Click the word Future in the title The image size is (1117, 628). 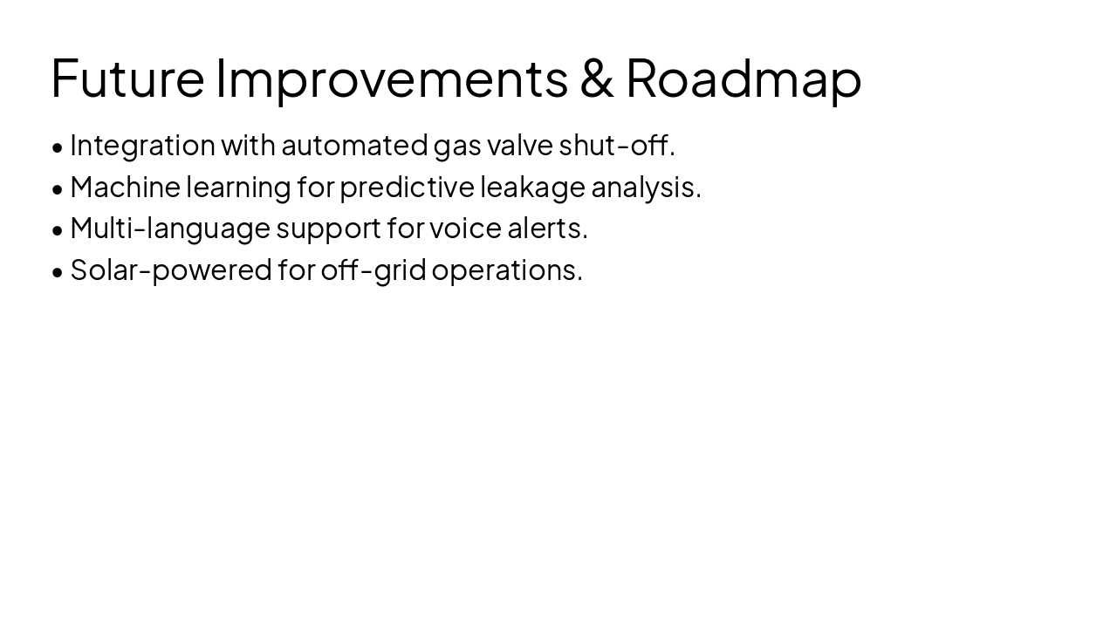point(127,78)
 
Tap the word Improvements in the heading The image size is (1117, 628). point(392,78)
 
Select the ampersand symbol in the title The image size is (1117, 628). point(597,78)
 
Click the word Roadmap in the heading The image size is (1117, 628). point(744,78)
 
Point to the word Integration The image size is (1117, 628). point(142,146)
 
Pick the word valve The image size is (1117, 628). point(520,146)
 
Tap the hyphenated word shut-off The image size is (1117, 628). point(616,146)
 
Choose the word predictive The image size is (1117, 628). point(407,187)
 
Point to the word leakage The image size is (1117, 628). point(532,187)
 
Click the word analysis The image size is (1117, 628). point(646,187)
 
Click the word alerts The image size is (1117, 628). point(547,229)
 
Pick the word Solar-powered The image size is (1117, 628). point(171,270)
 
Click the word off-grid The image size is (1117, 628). point(373,270)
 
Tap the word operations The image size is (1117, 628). point(506,270)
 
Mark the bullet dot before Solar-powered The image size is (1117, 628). point(58,272)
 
